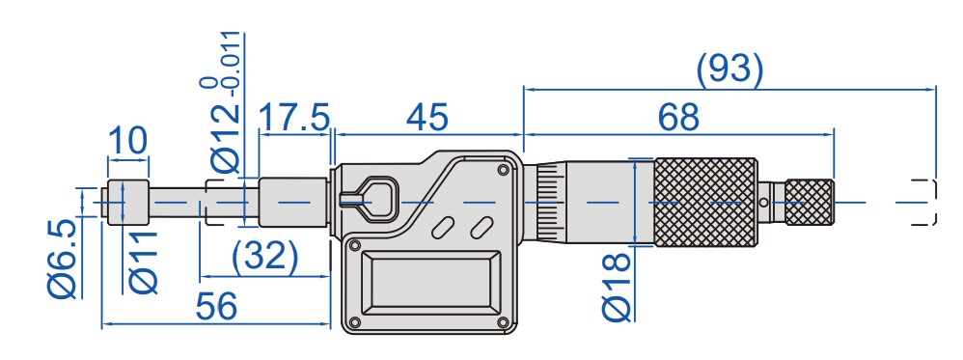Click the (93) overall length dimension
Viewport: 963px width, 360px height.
click(x=730, y=69)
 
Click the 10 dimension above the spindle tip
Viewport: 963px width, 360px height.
click(x=127, y=140)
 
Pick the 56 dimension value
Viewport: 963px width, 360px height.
click(x=216, y=306)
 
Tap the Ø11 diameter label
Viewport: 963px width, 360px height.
click(x=144, y=262)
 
